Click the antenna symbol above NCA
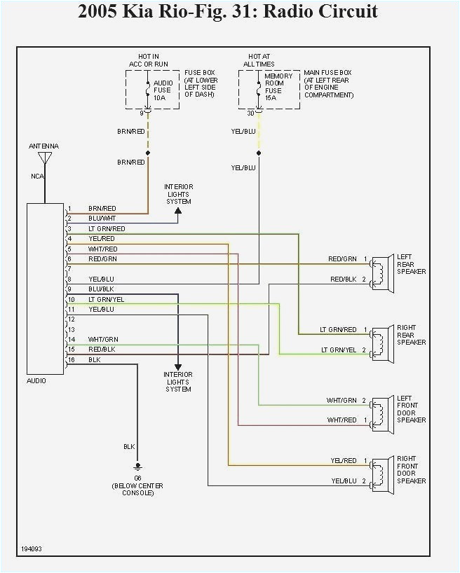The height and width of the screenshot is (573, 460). pos(44,158)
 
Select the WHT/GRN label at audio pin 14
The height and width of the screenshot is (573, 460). pos(102,339)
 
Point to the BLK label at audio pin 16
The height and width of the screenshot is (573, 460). pos(94,359)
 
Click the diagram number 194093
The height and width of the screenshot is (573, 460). pos(32,548)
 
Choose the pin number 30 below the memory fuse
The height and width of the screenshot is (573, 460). pos(251,113)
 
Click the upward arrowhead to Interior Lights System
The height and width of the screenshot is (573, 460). pos(178,209)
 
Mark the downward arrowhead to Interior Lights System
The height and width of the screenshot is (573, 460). pos(178,366)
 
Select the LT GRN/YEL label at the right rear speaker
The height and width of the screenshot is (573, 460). pos(339,350)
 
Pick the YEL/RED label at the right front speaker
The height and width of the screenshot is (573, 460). pos(344,461)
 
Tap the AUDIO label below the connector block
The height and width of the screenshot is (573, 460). pos(36,380)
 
